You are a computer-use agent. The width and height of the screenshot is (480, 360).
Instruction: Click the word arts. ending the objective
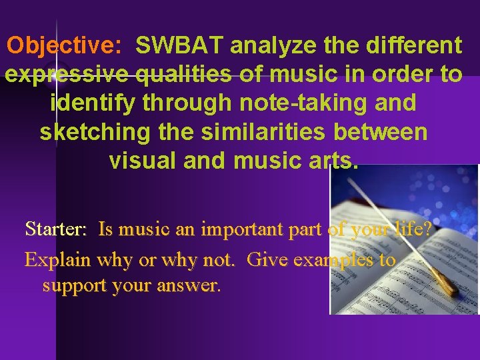tap(333, 161)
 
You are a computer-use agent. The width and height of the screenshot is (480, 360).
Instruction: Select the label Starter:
tap(55, 229)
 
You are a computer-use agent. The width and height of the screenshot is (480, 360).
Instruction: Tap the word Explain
tap(58, 259)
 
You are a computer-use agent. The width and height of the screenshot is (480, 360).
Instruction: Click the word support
tap(76, 286)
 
